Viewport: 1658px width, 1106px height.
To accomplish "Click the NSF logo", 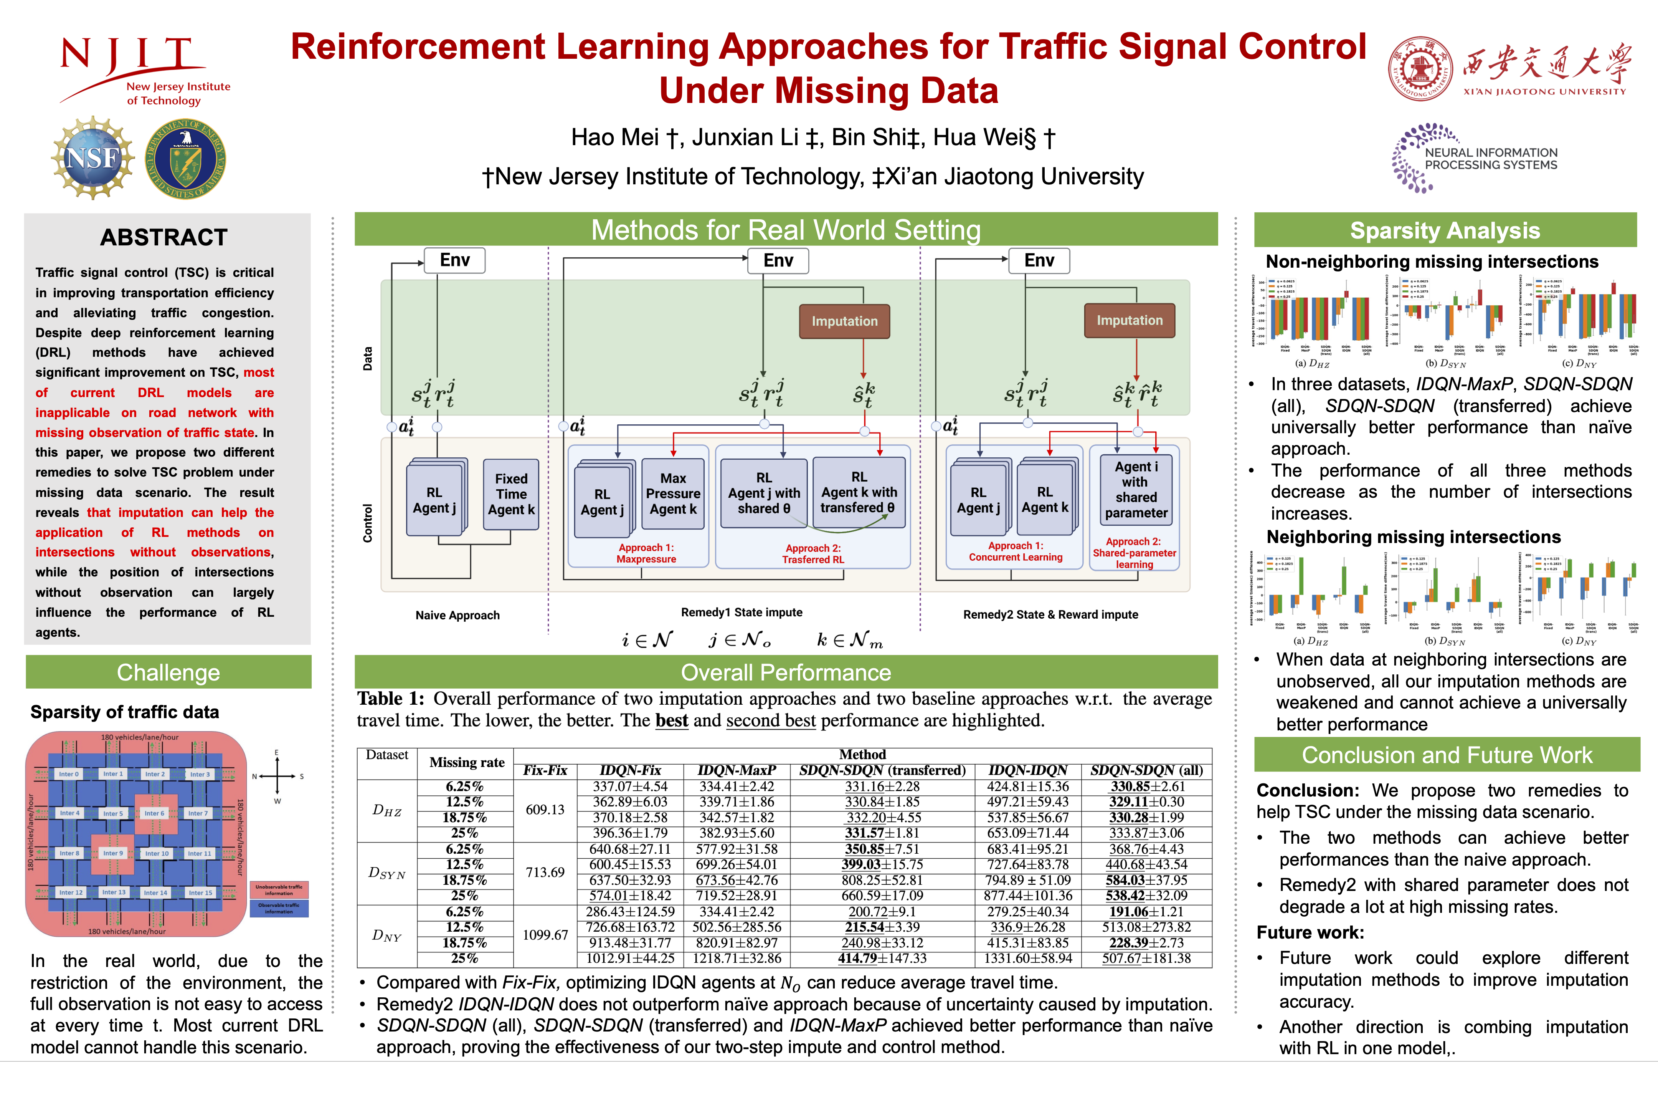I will click(93, 158).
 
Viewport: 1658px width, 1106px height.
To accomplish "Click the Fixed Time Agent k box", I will click(511, 494).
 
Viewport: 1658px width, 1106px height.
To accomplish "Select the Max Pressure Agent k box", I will click(673, 494).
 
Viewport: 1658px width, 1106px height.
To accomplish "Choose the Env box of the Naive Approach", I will click(455, 260).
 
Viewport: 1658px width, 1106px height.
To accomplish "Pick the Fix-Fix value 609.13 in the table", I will click(545, 810).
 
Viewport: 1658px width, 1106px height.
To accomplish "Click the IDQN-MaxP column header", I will click(737, 770).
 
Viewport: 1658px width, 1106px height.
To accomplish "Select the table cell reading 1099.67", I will click(545, 935).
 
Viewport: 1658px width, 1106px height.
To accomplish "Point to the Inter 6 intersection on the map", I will click(154, 813).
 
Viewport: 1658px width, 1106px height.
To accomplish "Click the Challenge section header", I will click(168, 672).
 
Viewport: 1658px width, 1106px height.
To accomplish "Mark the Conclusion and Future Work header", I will click(1447, 755).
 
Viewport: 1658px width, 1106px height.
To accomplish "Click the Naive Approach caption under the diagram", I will click(457, 615).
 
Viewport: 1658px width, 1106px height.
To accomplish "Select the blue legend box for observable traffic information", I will click(279, 908).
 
